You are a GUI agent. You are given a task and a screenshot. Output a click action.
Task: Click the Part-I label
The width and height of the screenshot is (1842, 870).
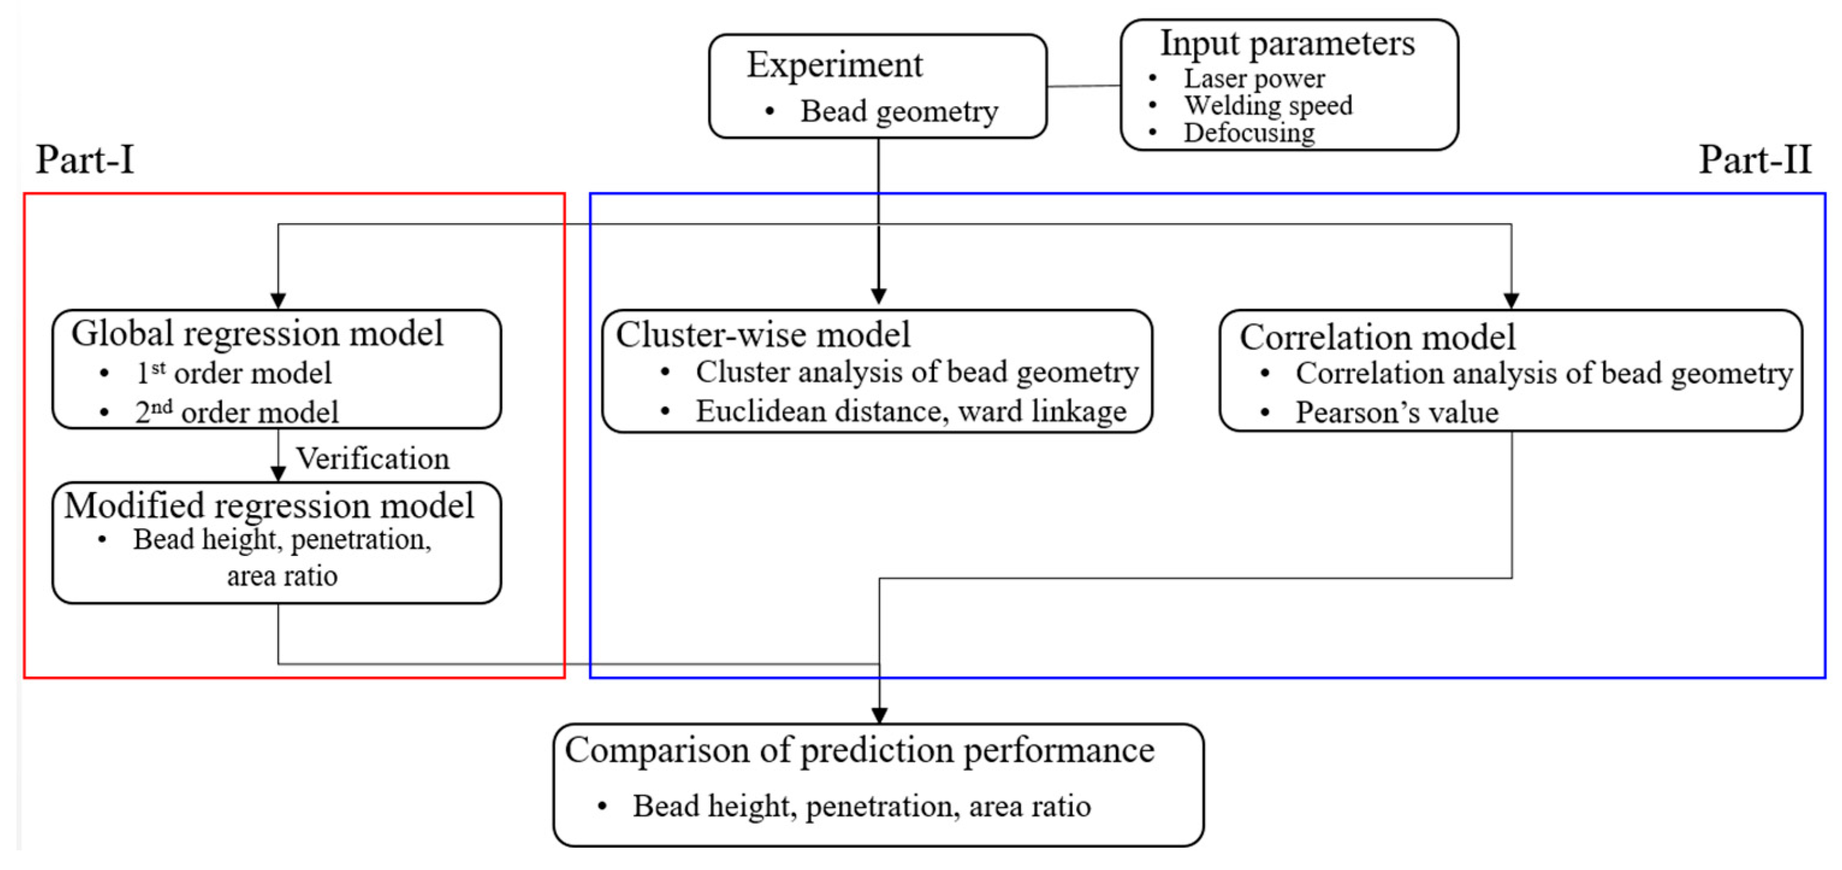[85, 159]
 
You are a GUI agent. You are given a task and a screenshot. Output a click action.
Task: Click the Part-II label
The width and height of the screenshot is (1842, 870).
[1755, 159]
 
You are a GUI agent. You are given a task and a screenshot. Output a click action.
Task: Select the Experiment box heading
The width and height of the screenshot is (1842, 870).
[835, 65]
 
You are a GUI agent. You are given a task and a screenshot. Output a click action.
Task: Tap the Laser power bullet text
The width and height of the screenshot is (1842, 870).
[1254, 78]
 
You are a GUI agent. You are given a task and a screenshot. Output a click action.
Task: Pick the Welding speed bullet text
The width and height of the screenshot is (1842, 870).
[1268, 105]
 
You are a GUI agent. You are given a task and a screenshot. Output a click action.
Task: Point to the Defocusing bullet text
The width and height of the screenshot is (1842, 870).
[1249, 132]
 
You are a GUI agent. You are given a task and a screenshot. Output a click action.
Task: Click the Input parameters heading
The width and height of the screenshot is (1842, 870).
[1287, 43]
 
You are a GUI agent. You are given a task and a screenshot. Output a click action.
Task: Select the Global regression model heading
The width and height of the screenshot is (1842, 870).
[257, 334]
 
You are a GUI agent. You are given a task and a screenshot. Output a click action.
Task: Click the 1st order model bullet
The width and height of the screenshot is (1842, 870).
[234, 373]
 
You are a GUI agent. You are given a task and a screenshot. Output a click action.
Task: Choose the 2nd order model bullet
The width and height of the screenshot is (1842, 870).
[237, 412]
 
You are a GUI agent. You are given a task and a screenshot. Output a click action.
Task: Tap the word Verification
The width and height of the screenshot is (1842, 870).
[372, 458]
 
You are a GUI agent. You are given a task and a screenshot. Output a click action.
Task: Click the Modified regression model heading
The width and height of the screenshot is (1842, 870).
[269, 505]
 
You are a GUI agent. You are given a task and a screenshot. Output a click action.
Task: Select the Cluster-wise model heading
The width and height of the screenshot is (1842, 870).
[763, 334]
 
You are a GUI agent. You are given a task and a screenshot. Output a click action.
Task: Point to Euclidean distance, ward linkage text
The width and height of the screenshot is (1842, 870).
[911, 412]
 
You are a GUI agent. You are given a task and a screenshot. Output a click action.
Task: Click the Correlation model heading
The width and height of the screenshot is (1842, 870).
[1377, 337]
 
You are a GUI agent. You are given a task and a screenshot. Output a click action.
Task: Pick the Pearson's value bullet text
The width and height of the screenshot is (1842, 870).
[1396, 413]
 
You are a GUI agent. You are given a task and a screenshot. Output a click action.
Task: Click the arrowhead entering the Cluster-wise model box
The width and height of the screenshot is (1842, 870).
[879, 296]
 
